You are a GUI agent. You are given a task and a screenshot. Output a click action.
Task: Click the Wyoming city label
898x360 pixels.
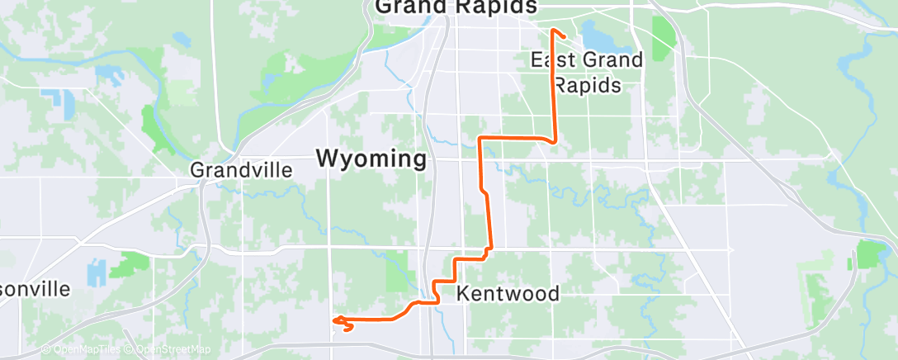click(x=372, y=159)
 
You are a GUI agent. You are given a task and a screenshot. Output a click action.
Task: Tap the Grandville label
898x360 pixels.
click(x=241, y=170)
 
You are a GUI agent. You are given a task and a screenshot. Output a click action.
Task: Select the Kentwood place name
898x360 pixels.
click(x=508, y=294)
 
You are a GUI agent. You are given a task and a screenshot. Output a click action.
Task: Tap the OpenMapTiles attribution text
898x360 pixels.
click(x=81, y=350)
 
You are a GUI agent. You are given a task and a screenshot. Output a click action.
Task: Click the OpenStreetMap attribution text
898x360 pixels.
click(x=168, y=350)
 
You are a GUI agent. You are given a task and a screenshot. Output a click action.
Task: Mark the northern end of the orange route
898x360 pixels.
click(x=552, y=31)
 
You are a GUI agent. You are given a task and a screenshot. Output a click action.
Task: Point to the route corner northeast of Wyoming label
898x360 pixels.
click(x=480, y=137)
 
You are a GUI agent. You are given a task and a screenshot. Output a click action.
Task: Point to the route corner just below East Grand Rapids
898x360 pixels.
click(x=554, y=140)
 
